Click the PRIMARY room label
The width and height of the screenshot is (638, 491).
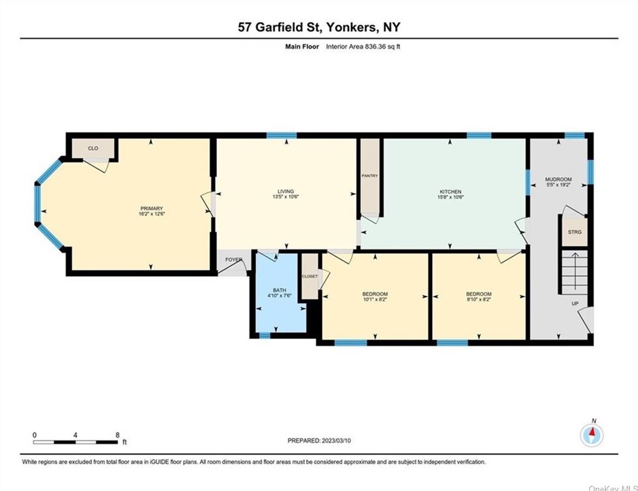pos(152,209)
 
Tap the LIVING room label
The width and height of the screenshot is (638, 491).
pos(286,191)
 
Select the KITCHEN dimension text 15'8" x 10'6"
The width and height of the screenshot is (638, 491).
pos(450,197)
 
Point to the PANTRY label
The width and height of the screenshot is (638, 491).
pos(370,176)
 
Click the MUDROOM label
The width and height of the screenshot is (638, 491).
pos(558,179)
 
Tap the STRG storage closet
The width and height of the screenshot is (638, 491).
pos(575,232)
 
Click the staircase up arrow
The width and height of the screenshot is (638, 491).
pos(575,271)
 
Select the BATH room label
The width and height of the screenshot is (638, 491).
pos(280,290)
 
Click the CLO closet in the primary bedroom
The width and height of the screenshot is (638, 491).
pos(93,148)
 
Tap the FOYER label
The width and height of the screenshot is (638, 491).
pos(234,260)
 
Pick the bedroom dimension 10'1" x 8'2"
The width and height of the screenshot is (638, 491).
pos(375,299)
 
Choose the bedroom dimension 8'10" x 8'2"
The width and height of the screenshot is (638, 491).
pos(479,299)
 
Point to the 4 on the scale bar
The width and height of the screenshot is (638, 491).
pos(75,435)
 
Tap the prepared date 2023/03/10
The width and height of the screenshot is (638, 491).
pos(337,440)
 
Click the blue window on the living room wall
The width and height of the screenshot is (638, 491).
pos(282,135)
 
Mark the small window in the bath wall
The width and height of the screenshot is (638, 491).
pos(265,336)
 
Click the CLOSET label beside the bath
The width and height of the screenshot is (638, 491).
pos(310,276)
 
